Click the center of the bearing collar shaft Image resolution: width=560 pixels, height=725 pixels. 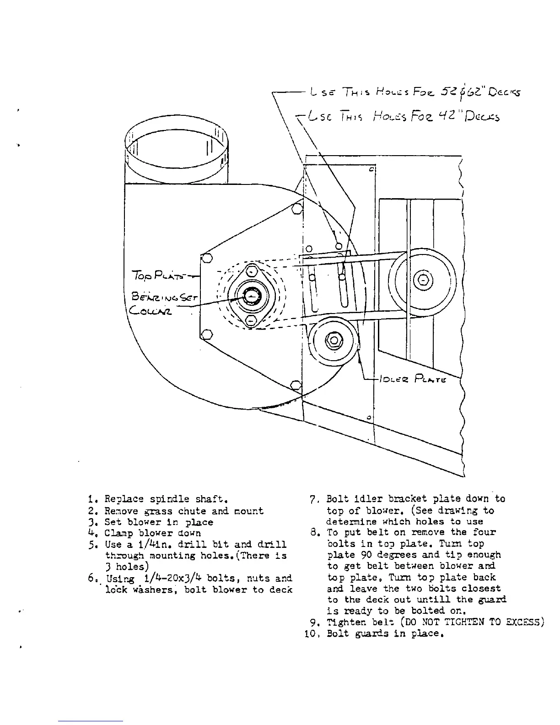(251, 297)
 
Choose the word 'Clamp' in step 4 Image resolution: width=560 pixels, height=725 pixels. (120, 533)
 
